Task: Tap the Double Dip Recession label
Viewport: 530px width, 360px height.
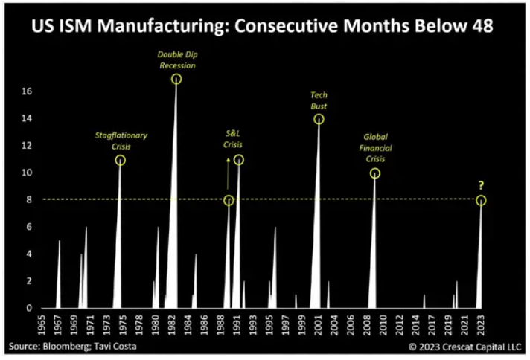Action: (176, 60)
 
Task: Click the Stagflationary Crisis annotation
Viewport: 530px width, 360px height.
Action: (121, 141)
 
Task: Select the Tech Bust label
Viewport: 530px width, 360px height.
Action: (319, 100)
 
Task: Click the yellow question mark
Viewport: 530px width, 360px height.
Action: (482, 186)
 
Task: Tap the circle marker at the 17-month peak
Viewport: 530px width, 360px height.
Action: (176, 79)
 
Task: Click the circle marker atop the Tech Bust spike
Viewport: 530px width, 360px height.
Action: (319, 119)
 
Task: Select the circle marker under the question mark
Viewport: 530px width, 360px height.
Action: (482, 200)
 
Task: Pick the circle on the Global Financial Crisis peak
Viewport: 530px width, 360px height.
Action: (374, 173)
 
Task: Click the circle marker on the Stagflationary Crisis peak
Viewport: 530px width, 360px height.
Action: (121, 160)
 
